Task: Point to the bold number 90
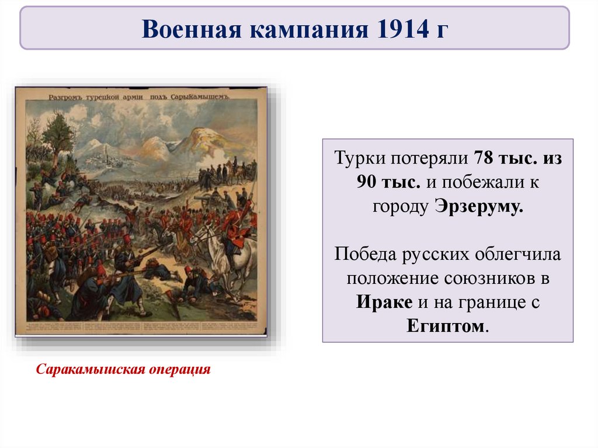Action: (x=369, y=183)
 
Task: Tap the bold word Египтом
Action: (x=447, y=327)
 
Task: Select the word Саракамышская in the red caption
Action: (x=87, y=370)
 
